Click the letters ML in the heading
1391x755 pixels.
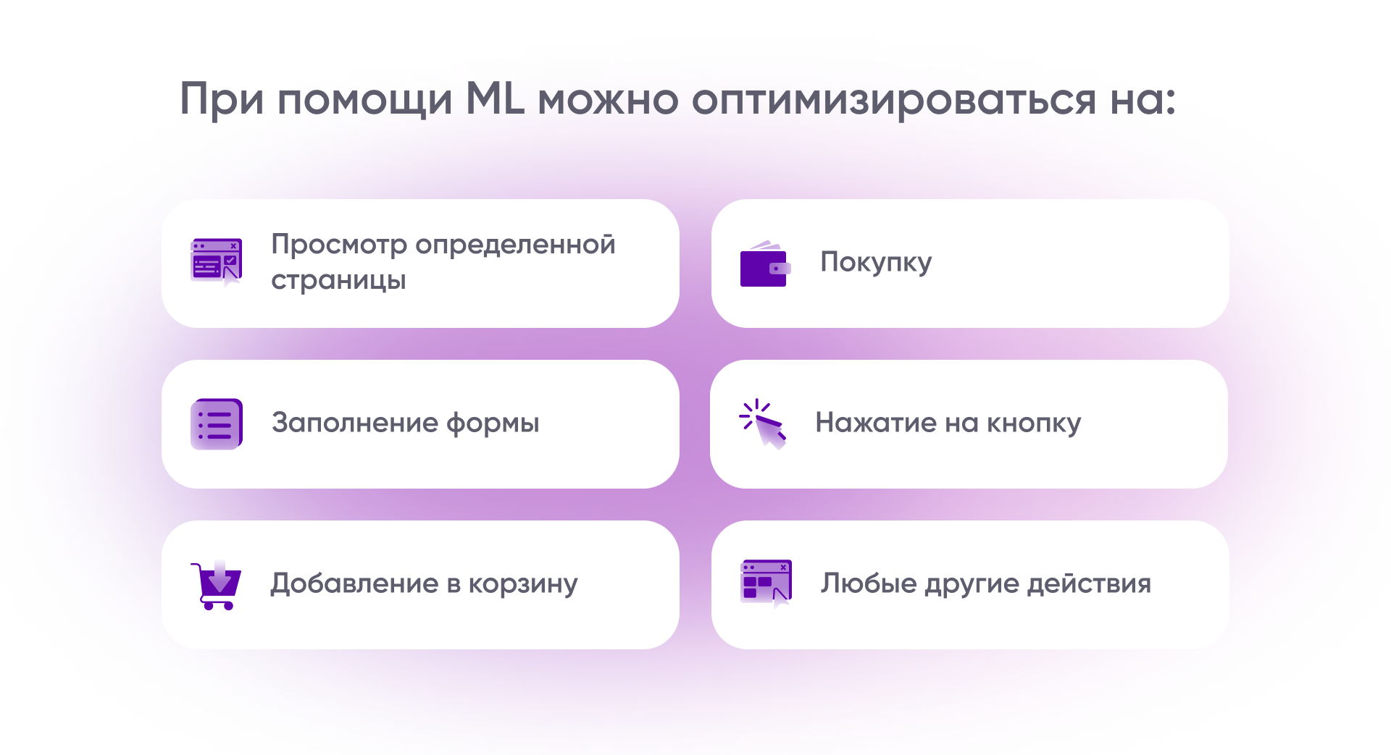pos(495,98)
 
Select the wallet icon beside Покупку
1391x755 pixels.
pos(765,264)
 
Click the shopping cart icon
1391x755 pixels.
pos(216,585)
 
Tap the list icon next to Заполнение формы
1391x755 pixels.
pos(216,424)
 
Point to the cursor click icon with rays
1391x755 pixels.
pos(762,424)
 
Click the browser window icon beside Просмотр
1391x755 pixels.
pos(216,262)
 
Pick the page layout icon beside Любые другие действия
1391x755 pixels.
pos(766,583)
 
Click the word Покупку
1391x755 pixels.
pos(876,263)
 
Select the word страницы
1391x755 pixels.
pos(338,281)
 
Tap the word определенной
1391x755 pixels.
pos(515,245)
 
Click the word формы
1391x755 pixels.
pos(493,423)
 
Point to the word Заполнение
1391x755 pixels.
pos(355,423)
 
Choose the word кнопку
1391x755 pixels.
pos(1034,423)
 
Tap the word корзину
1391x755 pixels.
pos(523,584)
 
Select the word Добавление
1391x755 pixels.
pos(354,583)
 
